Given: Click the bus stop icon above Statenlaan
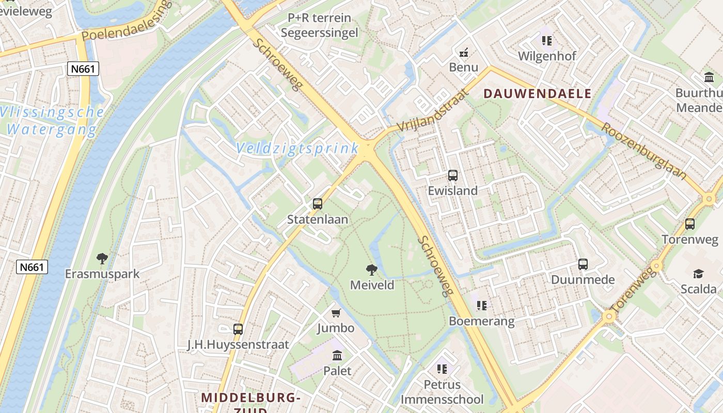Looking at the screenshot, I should click(x=318, y=204).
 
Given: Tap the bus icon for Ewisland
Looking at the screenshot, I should click(x=453, y=176).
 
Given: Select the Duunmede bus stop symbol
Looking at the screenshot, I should click(x=583, y=264).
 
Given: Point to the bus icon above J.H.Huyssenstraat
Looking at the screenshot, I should click(x=238, y=329).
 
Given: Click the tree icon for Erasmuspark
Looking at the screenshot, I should click(x=102, y=259).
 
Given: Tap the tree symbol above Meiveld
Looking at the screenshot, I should click(x=371, y=269).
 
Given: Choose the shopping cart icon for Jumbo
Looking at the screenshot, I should click(x=336, y=313).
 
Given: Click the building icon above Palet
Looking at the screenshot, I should click(x=338, y=355).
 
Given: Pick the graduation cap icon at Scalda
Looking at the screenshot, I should click(x=699, y=274).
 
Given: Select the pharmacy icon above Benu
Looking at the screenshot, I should click(x=464, y=52).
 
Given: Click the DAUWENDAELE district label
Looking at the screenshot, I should click(x=538, y=93).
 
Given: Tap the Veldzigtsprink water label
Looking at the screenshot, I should click(x=297, y=149).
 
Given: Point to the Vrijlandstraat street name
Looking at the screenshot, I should click(x=434, y=110).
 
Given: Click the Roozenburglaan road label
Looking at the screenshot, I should click(x=646, y=151).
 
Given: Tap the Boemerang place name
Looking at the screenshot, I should click(x=482, y=321).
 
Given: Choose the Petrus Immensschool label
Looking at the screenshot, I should click(x=442, y=392).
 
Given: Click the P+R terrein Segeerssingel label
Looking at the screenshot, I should click(x=319, y=25).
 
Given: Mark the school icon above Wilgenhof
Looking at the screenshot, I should click(x=547, y=40).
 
